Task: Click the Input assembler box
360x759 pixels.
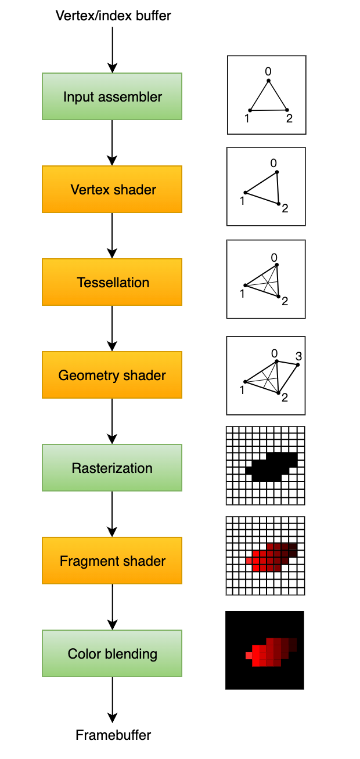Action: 112,96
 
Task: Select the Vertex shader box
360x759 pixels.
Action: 112,189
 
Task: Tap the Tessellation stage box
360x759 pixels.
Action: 112,282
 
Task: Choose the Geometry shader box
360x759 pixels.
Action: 112,375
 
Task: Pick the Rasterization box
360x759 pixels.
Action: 112,468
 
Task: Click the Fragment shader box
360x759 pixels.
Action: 112,561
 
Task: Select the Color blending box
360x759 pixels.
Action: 112,653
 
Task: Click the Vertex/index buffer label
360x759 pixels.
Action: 113,16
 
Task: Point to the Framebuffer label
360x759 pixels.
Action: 113,735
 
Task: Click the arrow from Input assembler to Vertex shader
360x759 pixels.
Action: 112,143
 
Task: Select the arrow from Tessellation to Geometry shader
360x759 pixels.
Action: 112,328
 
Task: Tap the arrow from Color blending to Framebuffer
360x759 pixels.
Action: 112,699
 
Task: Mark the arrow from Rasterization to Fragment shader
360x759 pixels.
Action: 112,514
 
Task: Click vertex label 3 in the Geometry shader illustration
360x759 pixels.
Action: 298,356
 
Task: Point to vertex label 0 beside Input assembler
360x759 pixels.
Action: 268,71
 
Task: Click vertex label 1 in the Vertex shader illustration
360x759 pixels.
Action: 242,201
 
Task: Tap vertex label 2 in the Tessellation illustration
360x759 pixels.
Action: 285,300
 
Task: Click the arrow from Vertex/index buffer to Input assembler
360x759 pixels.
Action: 112,49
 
